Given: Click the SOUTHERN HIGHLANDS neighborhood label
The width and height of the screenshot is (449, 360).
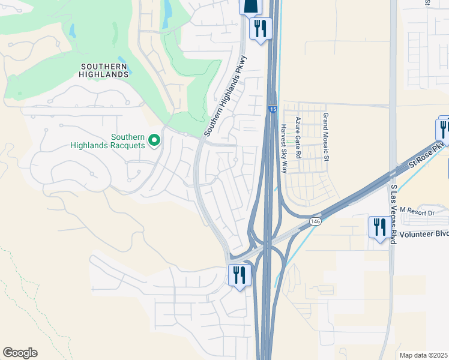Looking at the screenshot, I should (104, 70).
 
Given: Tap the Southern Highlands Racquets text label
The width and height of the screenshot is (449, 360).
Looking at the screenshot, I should (107, 140).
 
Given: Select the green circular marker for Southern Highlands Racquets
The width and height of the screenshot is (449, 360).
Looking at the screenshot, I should (154, 140).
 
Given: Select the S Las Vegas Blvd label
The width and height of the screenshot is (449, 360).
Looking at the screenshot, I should (394, 214).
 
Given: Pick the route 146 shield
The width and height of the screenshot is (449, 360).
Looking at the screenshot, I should (315, 222).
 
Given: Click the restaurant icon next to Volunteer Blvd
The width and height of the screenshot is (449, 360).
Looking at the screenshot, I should (378, 227).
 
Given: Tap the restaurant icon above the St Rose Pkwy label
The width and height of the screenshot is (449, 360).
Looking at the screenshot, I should (444, 128).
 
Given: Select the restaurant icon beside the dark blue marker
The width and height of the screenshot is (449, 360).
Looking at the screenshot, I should (261, 28).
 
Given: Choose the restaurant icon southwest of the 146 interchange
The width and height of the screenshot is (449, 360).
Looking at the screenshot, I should (239, 275).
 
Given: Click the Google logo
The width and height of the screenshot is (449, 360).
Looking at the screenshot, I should (20, 353).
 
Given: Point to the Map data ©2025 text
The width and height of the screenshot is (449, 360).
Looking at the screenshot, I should (423, 355).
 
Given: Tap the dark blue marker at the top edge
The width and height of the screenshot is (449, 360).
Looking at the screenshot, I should (250, 5).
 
